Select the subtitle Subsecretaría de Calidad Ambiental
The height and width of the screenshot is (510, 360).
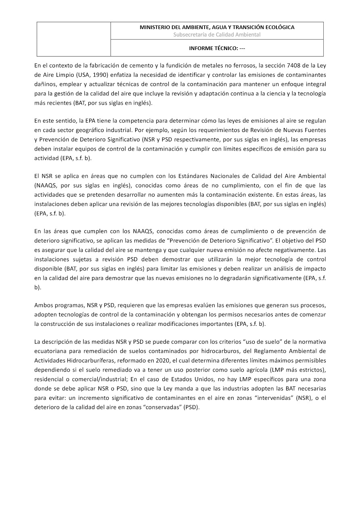click(217, 35)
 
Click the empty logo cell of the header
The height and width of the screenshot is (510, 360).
click(73, 39)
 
